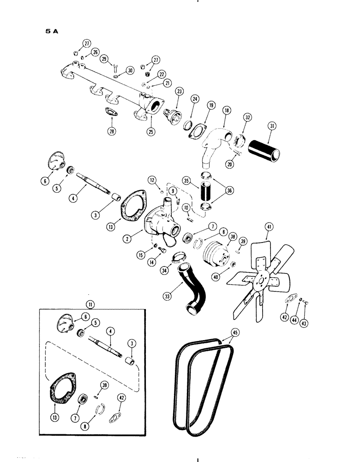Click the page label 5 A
pyautogui.click(x=48, y=32)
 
